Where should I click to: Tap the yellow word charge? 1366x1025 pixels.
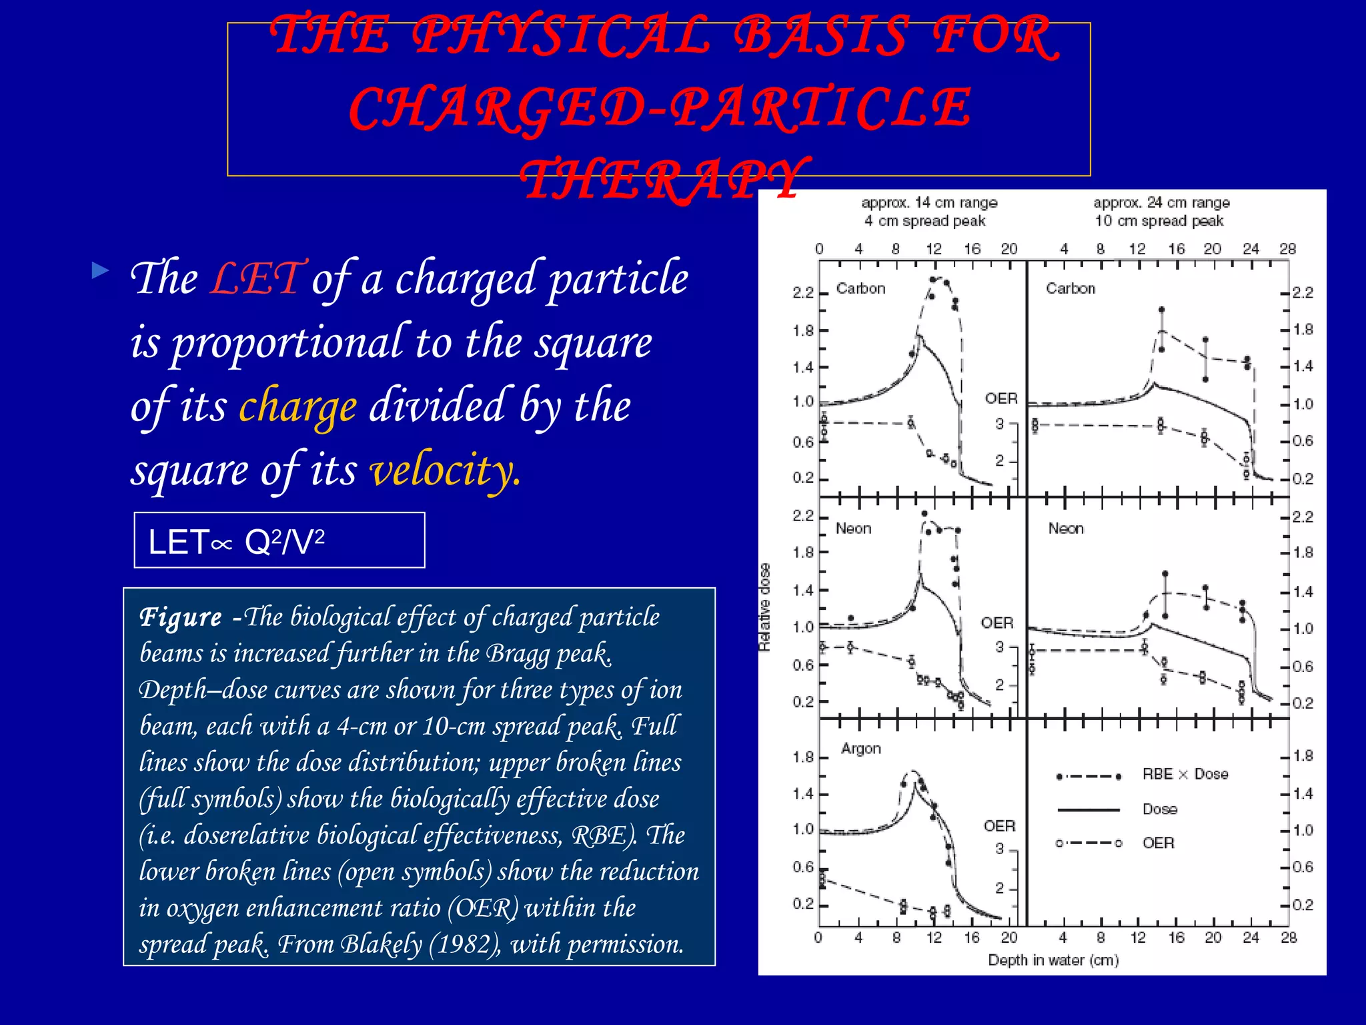297,406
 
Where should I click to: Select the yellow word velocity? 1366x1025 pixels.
445,470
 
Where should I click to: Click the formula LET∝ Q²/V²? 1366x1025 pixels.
236,541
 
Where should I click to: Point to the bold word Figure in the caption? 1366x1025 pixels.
181,617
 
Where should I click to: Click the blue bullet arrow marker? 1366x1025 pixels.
101,270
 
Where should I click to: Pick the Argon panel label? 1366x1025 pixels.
860,749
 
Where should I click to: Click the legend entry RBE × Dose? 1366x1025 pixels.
1185,774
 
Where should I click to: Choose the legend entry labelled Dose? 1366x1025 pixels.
1160,809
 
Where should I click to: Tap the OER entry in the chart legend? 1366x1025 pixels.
1158,843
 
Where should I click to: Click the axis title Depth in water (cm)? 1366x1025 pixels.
1053,960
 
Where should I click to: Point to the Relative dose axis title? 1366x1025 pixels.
764,607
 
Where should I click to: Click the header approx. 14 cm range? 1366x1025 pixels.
929,203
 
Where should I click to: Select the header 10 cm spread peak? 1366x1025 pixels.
1159,221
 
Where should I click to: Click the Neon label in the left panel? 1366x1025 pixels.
853,529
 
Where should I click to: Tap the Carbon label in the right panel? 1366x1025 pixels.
1070,288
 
